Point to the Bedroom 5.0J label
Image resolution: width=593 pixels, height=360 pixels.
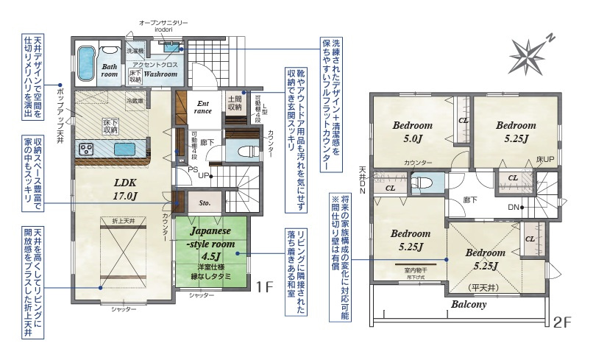(x=411, y=131)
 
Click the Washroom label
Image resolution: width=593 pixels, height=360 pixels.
(x=159, y=74)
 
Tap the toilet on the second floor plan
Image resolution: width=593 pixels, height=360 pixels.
(x=422, y=183)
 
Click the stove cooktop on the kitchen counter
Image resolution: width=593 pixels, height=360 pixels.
(x=85, y=149)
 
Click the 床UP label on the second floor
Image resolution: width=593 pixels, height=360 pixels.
(x=544, y=159)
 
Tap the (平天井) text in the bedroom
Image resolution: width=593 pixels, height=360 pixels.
(x=482, y=286)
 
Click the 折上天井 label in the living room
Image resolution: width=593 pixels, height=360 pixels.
(x=124, y=221)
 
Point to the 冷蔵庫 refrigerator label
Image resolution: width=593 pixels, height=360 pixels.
(x=135, y=100)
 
